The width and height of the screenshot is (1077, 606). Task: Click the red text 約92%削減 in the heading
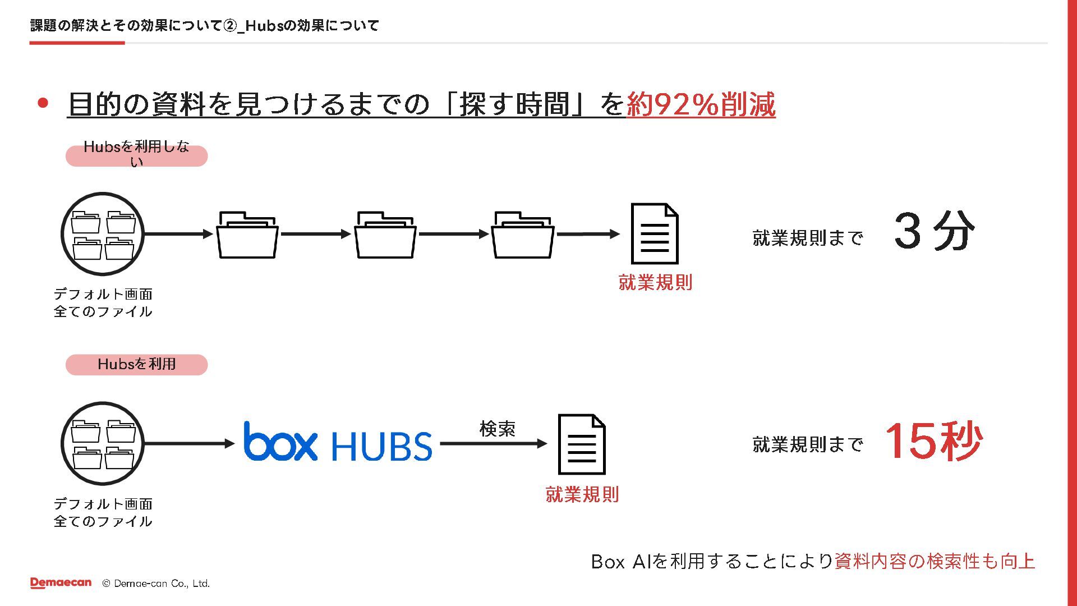point(701,104)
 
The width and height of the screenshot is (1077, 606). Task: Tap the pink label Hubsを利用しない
point(136,155)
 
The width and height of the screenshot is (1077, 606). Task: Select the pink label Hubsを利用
point(136,364)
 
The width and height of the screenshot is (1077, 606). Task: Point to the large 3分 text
point(934,231)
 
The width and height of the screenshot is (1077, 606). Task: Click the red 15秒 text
point(933,442)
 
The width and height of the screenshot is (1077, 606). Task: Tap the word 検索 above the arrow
point(497,429)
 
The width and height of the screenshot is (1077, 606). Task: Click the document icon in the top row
point(655,233)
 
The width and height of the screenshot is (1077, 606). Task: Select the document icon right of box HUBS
point(582,444)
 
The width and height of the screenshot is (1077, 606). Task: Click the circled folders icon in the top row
point(103,234)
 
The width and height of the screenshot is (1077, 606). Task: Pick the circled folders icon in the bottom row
point(103,443)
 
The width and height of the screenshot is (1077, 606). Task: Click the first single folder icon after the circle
point(247,235)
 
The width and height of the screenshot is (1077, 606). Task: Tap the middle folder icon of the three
point(385,235)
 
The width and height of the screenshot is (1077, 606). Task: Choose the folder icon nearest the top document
point(523,235)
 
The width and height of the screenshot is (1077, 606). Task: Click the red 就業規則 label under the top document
point(655,282)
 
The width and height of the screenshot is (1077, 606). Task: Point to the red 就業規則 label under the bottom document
point(582,494)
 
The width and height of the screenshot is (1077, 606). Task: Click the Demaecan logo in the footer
point(61,583)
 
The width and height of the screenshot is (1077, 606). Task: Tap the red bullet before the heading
point(43,103)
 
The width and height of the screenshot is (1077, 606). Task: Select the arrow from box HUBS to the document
point(494,444)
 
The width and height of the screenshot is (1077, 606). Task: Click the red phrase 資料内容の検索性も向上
point(935,561)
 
